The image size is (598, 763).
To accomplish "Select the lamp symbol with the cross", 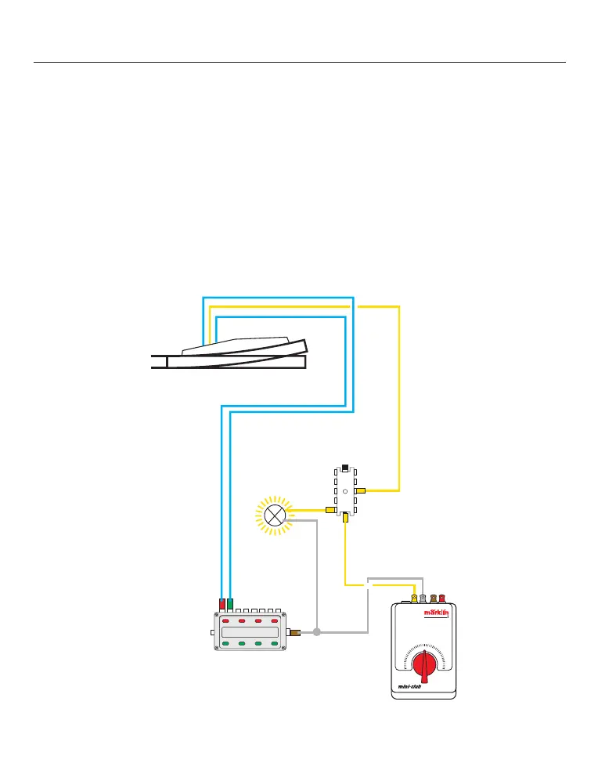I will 275,515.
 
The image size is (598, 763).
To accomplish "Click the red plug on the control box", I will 222,604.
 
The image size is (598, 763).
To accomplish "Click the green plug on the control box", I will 230,604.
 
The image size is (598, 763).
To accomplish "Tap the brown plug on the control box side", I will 295,631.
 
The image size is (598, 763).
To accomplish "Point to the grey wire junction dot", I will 317,631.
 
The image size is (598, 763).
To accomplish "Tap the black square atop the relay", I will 345,469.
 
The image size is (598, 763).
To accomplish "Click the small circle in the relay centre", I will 344,493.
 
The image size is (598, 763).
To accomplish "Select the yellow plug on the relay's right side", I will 360,490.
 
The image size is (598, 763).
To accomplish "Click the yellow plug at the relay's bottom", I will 345,518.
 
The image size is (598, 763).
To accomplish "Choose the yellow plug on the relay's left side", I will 331,510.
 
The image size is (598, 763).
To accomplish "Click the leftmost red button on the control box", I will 225,620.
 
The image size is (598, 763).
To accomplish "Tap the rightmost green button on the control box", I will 274,644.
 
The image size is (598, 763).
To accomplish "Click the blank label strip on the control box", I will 250,632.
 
